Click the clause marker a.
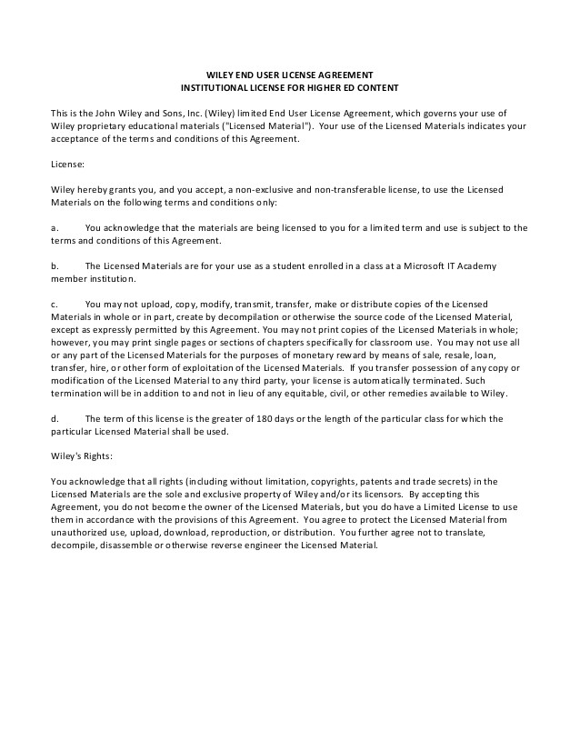(54, 227)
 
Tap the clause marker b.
(54, 265)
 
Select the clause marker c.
(54, 303)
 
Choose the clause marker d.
(54, 417)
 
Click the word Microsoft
(407, 265)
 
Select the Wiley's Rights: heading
(81, 456)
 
